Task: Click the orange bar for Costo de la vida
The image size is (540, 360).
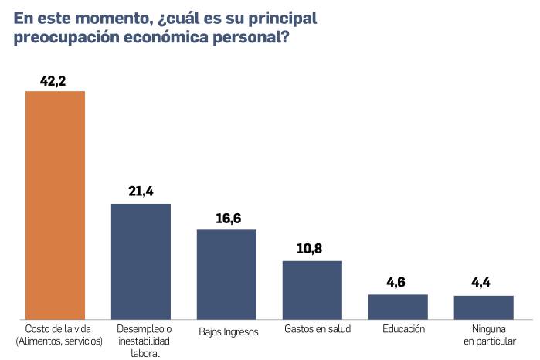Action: (x=55, y=205)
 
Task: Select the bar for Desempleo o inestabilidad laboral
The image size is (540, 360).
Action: (x=141, y=261)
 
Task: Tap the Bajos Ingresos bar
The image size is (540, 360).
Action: (x=226, y=274)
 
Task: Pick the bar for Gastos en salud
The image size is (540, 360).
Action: (x=312, y=290)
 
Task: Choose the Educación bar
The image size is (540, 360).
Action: (x=398, y=307)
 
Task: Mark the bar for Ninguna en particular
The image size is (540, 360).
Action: (x=484, y=307)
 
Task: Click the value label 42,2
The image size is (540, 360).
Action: (x=56, y=79)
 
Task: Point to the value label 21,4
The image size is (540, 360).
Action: (x=141, y=192)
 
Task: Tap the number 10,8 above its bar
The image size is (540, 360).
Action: (x=312, y=249)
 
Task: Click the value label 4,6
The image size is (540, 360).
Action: (x=398, y=282)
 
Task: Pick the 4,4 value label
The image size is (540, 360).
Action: (x=484, y=283)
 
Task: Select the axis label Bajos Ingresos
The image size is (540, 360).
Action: (x=228, y=331)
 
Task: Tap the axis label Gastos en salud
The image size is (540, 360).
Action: (x=318, y=329)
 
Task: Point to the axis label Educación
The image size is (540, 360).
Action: (x=403, y=328)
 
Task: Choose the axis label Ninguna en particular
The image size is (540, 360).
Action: (x=490, y=335)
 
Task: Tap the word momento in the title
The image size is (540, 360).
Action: (x=110, y=17)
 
